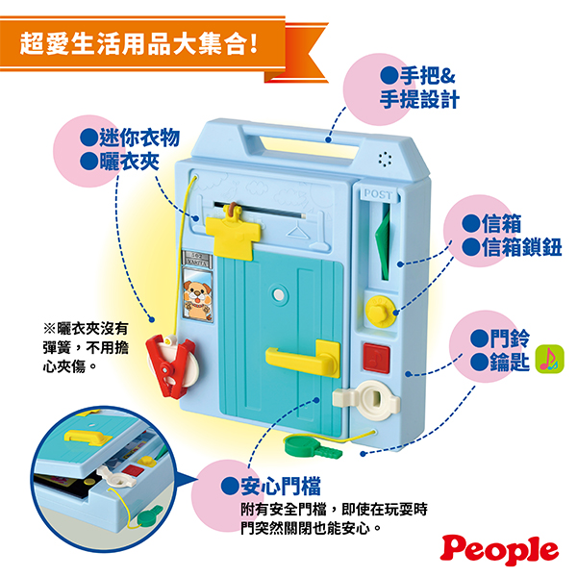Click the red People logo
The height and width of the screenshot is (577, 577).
499,550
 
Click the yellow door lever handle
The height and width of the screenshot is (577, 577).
303,358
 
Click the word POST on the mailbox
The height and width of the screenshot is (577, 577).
378,194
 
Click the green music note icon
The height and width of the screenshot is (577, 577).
549,359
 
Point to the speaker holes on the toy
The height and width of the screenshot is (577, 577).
385,159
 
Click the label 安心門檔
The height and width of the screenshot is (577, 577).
281,486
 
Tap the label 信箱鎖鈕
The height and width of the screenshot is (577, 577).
522,246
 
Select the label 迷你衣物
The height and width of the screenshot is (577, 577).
139,138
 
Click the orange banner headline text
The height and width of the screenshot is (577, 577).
138,43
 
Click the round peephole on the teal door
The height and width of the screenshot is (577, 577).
279,294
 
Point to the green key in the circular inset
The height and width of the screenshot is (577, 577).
150,515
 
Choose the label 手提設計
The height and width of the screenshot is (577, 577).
419,99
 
